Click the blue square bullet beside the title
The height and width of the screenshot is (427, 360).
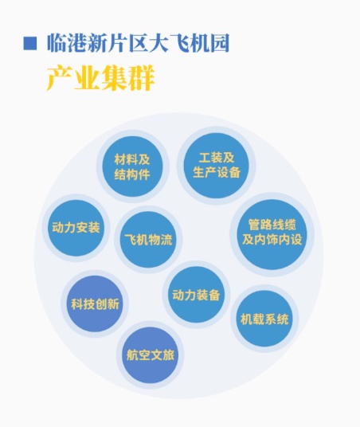tap(29, 43)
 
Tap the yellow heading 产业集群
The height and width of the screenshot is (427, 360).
tap(101, 78)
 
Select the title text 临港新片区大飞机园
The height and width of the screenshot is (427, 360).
tap(138, 43)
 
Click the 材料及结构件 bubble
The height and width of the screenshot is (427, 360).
tap(132, 166)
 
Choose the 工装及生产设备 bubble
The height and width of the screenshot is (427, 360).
tap(216, 166)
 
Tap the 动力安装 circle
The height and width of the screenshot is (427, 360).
tap(76, 228)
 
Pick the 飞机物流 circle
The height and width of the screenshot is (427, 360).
tap(148, 240)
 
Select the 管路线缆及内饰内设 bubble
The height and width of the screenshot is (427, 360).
tap(272, 234)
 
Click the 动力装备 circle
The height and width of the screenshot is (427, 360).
tap(196, 295)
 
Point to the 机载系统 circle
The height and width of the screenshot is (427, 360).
tap(264, 319)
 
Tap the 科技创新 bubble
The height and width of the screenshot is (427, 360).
tap(95, 304)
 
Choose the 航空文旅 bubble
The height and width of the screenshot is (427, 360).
tap(151, 355)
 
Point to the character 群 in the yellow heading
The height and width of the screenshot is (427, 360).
tap(142, 78)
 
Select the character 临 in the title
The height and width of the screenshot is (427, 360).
tap(57, 43)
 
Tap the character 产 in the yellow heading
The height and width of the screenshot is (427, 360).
tap(60, 78)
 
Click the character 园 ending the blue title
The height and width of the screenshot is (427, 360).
tap(219, 43)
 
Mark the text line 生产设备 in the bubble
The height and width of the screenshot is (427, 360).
tap(217, 172)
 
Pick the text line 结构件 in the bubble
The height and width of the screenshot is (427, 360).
tap(132, 174)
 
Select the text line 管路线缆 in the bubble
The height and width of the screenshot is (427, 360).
tap(272, 225)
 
